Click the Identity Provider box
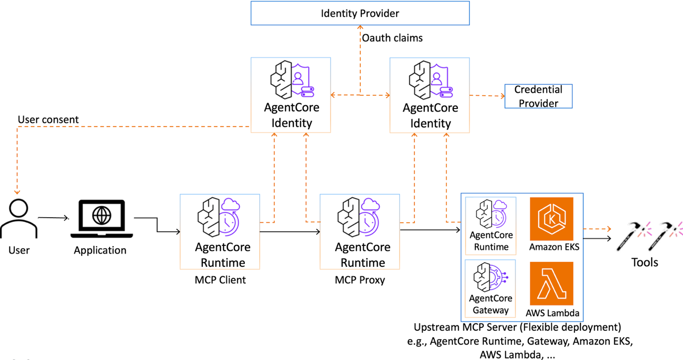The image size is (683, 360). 360,13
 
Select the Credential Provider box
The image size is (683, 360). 538,96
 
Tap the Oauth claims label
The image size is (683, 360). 392,38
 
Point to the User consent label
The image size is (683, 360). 48,120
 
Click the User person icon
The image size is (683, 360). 18,218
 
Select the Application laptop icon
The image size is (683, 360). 101,219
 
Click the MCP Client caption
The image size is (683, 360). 220,280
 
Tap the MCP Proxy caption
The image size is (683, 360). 360,280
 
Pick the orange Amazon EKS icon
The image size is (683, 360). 552,219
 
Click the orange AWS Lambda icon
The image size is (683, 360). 552,284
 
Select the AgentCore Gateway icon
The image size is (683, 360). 490,277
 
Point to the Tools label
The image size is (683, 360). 644,262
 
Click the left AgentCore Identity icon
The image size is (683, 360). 291,79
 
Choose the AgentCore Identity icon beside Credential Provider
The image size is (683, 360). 430,79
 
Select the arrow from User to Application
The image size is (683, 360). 53,218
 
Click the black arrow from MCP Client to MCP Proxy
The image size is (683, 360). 290,232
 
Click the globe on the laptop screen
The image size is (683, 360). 102,216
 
